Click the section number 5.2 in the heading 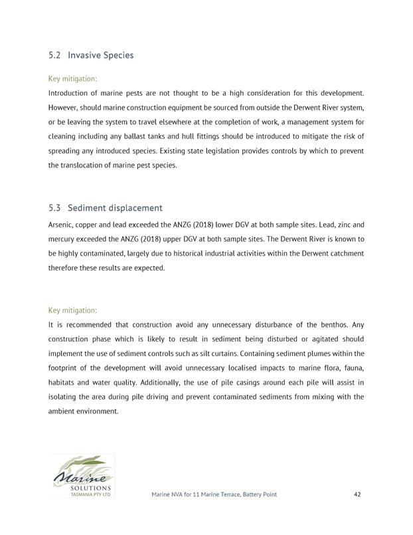tap(55, 55)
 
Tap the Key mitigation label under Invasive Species tap(73, 78)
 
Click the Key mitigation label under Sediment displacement tap(73, 310)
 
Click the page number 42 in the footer tap(357, 494)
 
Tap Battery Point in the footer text tap(256, 494)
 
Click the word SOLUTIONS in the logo tap(86, 488)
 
